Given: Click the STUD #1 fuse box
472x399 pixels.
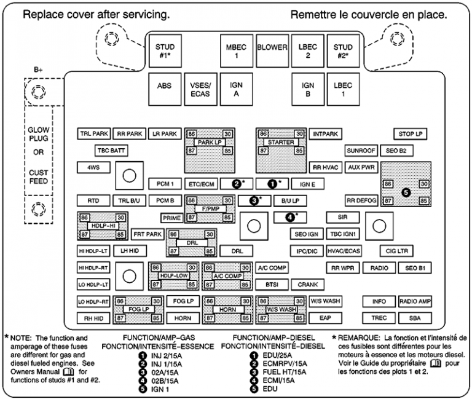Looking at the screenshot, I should pos(164,51).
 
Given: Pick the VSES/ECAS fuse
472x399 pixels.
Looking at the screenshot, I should pos(200,90).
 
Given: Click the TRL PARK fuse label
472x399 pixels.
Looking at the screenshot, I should pos(93,133).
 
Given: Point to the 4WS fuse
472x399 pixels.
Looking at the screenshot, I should pos(93,167).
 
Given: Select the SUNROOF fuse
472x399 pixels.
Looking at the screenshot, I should pos(361,150).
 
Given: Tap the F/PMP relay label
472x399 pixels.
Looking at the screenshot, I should pos(210,209).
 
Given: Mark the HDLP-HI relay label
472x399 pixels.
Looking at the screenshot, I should pos(101,226).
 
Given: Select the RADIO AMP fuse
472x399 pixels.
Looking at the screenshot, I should pos(415,301).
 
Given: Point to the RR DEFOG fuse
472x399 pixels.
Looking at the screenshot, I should pos(361,200).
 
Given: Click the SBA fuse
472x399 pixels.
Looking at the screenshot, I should pos(415,318).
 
